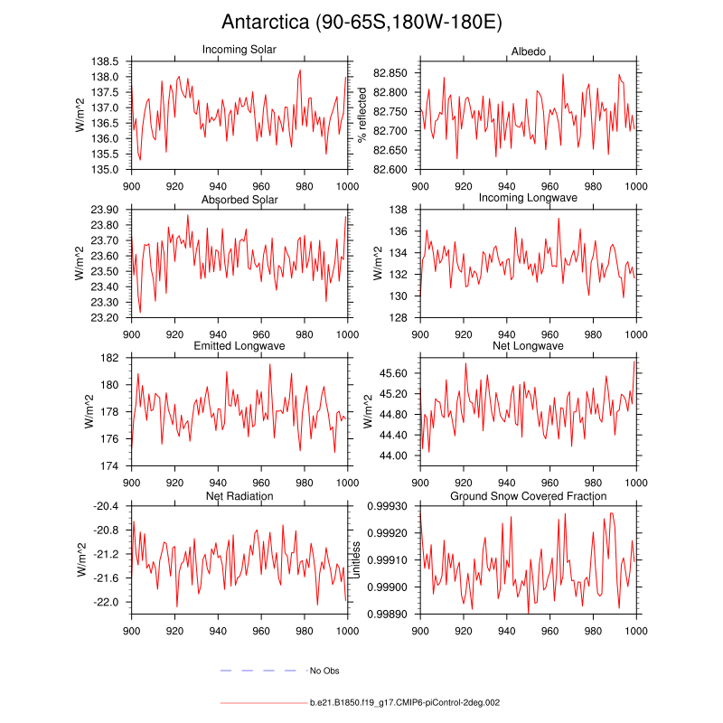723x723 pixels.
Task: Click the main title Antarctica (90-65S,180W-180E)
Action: (x=361, y=23)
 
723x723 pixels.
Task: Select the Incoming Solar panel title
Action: (x=239, y=49)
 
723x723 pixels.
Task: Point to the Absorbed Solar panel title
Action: (x=239, y=200)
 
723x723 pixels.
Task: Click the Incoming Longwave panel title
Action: (x=528, y=197)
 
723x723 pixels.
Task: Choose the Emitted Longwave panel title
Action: (x=239, y=346)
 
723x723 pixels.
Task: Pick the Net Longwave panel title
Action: (x=528, y=346)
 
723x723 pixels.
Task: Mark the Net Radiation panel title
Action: (x=239, y=496)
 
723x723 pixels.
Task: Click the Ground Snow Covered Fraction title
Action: (x=528, y=496)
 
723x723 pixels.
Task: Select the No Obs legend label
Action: (x=324, y=671)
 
